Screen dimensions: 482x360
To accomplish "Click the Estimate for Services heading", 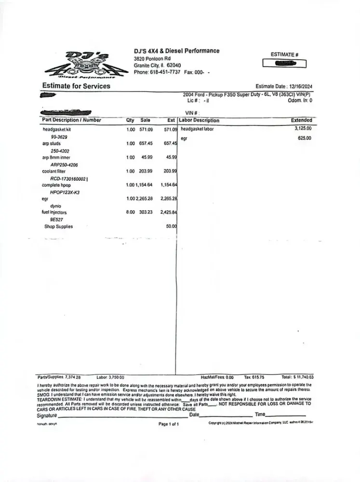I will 76,86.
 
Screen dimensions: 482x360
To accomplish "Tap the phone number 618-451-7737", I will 165,72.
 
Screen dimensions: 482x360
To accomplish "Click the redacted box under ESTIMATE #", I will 284,64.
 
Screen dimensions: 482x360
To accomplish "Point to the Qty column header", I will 130,120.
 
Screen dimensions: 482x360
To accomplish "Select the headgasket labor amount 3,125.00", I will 303,129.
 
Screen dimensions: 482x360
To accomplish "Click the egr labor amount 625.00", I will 305,138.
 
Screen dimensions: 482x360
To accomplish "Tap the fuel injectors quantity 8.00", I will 130,213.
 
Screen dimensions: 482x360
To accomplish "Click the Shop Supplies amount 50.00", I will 171,227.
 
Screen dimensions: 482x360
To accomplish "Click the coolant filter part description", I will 56,171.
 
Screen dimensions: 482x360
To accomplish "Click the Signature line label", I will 47,415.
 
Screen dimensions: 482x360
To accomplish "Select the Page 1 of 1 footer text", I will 169,424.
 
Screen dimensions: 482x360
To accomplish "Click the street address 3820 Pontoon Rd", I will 152,59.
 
